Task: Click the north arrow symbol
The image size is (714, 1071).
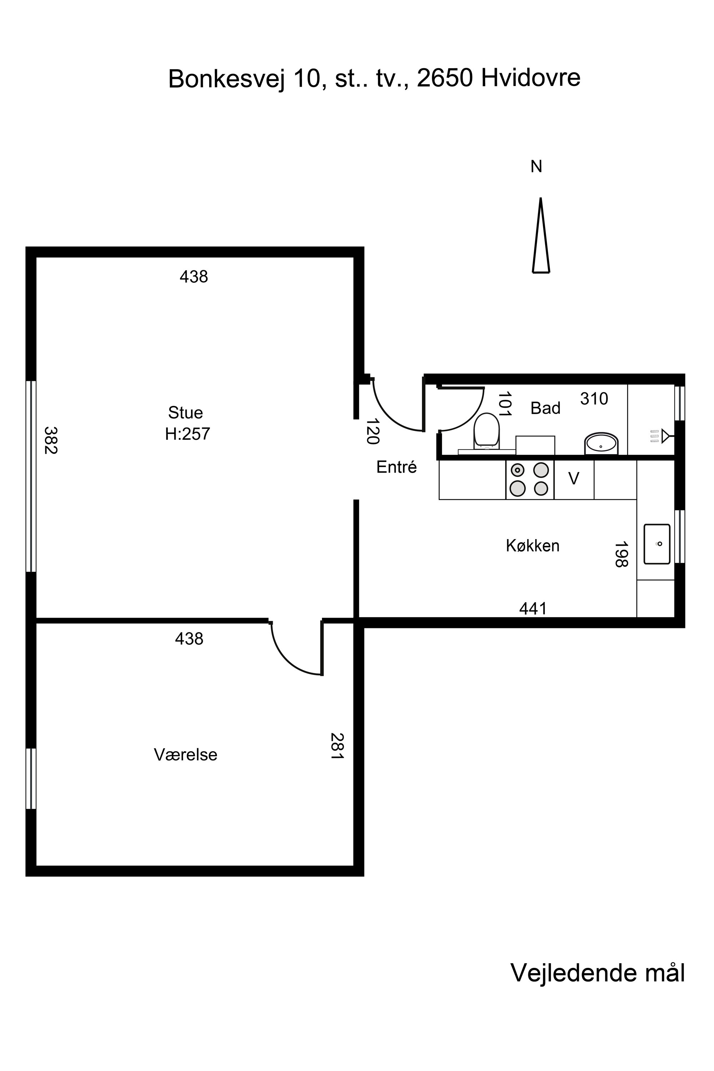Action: click(540, 235)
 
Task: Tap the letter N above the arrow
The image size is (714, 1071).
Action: click(537, 167)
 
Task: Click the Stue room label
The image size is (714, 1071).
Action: click(185, 413)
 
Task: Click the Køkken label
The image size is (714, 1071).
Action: click(532, 545)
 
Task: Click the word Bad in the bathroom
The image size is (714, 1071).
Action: click(545, 408)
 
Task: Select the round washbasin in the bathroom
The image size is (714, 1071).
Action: click(601, 443)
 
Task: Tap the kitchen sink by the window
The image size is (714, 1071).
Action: click(657, 544)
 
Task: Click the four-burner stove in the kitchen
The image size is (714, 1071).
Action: click(529, 479)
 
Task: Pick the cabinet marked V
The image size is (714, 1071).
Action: click(574, 479)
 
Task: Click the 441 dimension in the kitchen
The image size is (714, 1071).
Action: click(533, 608)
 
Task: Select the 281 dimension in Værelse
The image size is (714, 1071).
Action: click(337, 745)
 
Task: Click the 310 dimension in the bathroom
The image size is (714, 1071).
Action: click(594, 399)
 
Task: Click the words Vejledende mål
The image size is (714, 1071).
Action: click(598, 972)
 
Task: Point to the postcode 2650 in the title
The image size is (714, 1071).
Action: click(445, 78)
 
